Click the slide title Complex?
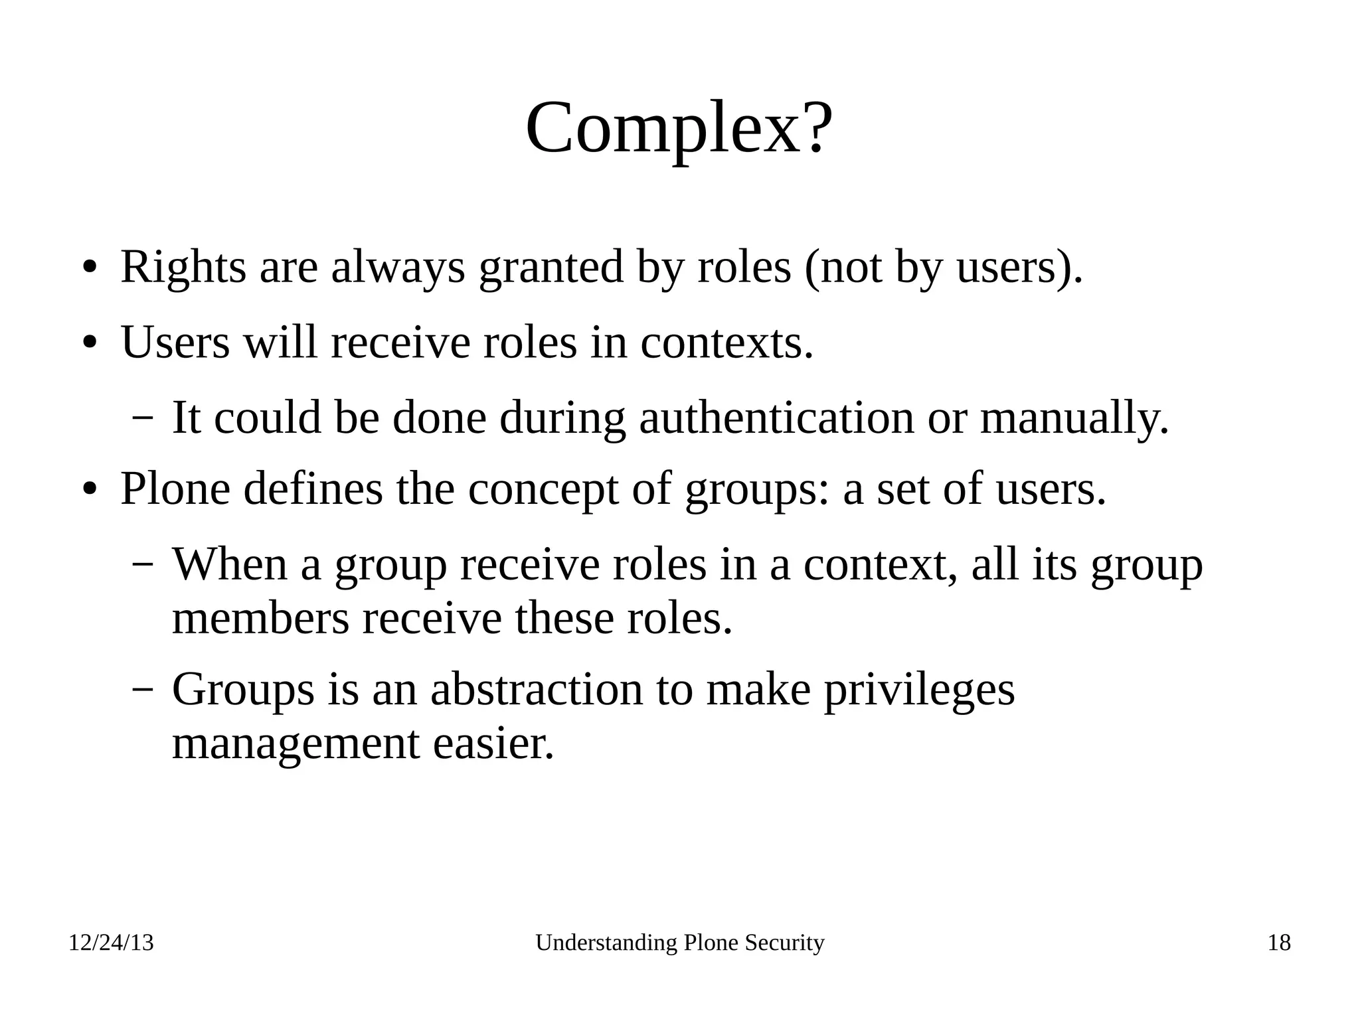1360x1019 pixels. tap(679, 127)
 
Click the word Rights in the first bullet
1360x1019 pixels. tap(183, 268)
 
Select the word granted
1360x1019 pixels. tap(551, 268)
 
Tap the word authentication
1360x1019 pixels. tap(776, 418)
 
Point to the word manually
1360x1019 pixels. tap(1074, 418)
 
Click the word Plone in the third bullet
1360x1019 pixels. tap(175, 489)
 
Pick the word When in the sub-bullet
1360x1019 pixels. tap(230, 564)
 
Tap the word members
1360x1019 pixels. tap(260, 619)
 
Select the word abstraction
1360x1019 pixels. tap(537, 689)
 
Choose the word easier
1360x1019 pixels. tap(493, 744)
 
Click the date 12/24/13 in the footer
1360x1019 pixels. tap(111, 943)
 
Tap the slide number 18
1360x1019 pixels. tap(1279, 943)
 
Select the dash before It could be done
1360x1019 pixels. tap(142, 418)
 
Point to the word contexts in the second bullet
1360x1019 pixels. tap(726, 344)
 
